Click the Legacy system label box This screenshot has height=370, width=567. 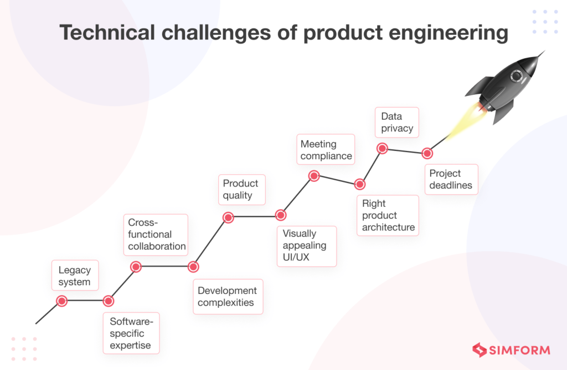point(75,276)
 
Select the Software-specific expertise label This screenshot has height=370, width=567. point(130,333)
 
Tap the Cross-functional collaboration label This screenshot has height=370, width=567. point(157,234)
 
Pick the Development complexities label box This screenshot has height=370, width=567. point(228,297)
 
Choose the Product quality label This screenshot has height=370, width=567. point(241,189)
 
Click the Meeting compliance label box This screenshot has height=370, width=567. point(326,150)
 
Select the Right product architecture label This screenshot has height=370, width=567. point(388,215)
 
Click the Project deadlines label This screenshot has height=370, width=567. point(451,179)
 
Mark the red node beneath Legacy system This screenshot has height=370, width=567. point(61,301)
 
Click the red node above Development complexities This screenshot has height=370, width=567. point(193,267)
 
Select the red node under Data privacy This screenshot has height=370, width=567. point(382,148)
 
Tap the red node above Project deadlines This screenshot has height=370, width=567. point(427,153)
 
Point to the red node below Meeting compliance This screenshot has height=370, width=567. point(313,176)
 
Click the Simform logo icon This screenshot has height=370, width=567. point(479,349)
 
